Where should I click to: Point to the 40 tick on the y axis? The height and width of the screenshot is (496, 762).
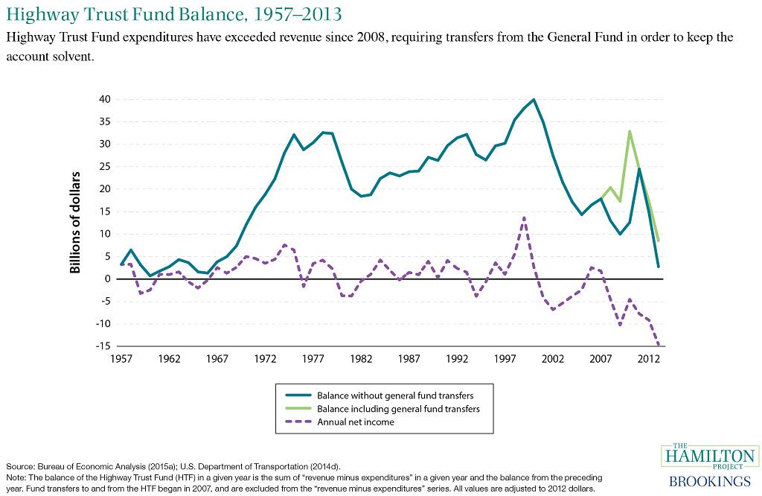[104, 99]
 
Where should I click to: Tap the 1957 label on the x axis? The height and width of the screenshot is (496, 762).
[121, 359]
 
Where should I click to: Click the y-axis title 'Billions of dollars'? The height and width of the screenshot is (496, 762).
[76, 223]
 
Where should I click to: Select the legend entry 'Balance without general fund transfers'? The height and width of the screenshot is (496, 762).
[394, 395]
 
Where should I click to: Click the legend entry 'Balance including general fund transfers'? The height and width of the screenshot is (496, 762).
[398, 409]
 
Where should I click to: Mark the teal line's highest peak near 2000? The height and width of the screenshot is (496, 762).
[534, 99]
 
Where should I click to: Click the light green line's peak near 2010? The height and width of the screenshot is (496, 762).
[630, 131]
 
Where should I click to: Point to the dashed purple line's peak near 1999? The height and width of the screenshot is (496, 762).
[524, 217]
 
